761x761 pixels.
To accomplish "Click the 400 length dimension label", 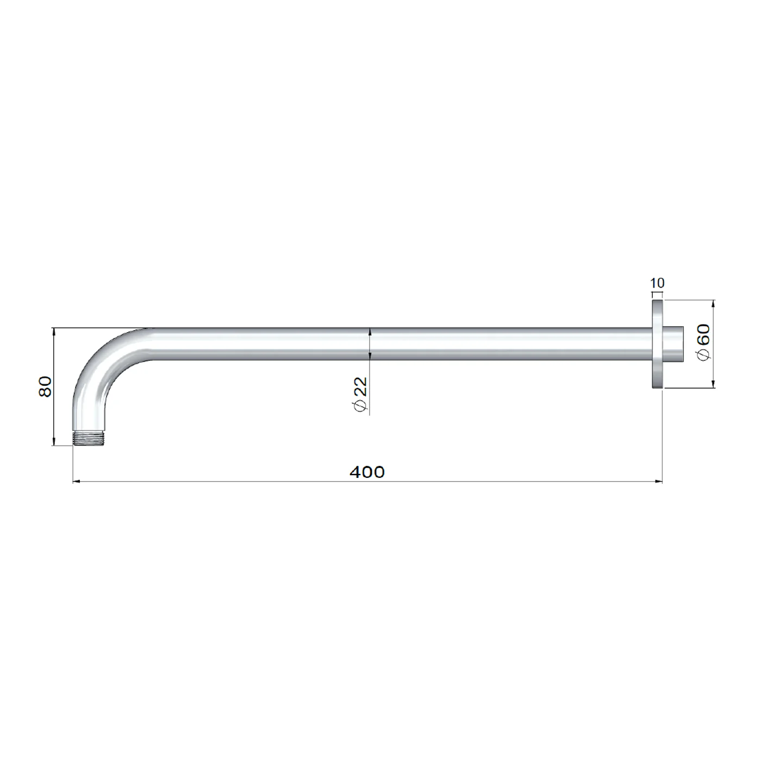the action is pyautogui.click(x=367, y=472).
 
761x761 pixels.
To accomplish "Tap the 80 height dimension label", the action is pyautogui.click(x=46, y=386).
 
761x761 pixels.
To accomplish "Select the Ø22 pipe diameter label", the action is pyautogui.click(x=361, y=395).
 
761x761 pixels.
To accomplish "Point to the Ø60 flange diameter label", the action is pyautogui.click(x=704, y=342).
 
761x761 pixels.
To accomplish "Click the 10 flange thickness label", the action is pyautogui.click(x=657, y=283).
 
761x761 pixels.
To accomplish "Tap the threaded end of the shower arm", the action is pyautogui.click(x=89, y=438).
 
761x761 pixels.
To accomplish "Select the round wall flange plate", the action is pyautogui.click(x=658, y=344).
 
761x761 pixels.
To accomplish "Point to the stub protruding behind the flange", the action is pyautogui.click(x=673, y=344).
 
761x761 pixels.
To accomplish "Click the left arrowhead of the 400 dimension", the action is pyautogui.click(x=77, y=482).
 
